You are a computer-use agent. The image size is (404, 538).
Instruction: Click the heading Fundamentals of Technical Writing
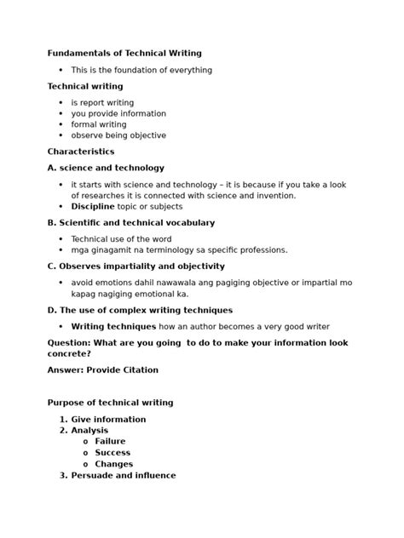(x=124, y=53)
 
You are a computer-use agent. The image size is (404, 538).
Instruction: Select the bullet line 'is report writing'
(x=102, y=103)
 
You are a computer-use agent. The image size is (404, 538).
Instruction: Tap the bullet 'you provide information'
(x=118, y=114)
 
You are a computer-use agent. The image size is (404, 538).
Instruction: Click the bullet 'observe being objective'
(x=118, y=135)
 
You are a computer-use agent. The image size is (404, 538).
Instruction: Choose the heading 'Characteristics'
(x=81, y=152)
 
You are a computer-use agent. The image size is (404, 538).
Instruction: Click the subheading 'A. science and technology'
(x=106, y=168)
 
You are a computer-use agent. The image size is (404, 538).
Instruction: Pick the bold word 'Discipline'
(x=92, y=206)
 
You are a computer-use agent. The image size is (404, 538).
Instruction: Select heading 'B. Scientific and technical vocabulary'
(x=131, y=222)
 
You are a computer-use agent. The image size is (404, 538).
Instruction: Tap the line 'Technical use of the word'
(x=121, y=239)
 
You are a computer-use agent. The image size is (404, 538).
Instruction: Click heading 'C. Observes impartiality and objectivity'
(x=136, y=266)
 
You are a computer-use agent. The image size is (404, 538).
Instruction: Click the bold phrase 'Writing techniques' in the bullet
(x=113, y=326)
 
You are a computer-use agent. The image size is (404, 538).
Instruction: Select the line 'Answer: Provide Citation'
(x=103, y=370)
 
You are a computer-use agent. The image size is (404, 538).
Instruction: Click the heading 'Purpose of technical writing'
(x=110, y=403)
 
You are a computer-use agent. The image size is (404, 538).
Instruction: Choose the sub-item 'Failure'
(x=110, y=442)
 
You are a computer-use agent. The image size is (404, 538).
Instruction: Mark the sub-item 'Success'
(x=113, y=453)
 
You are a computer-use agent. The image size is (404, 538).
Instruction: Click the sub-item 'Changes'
(x=113, y=465)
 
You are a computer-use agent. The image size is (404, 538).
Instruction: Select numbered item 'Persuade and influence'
(x=124, y=476)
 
